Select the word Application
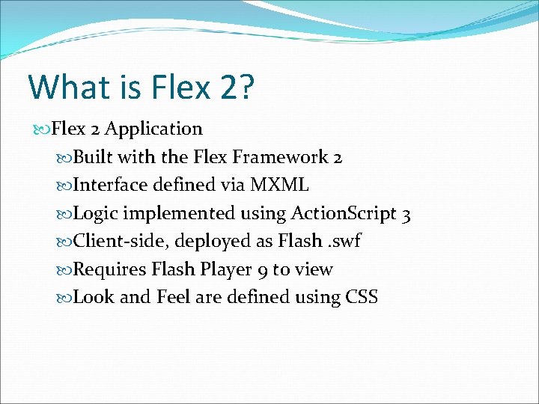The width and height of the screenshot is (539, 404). [153, 129]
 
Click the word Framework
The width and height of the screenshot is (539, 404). [280, 157]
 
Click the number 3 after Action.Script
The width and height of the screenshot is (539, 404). [406, 214]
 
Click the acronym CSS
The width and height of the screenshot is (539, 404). [362, 298]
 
